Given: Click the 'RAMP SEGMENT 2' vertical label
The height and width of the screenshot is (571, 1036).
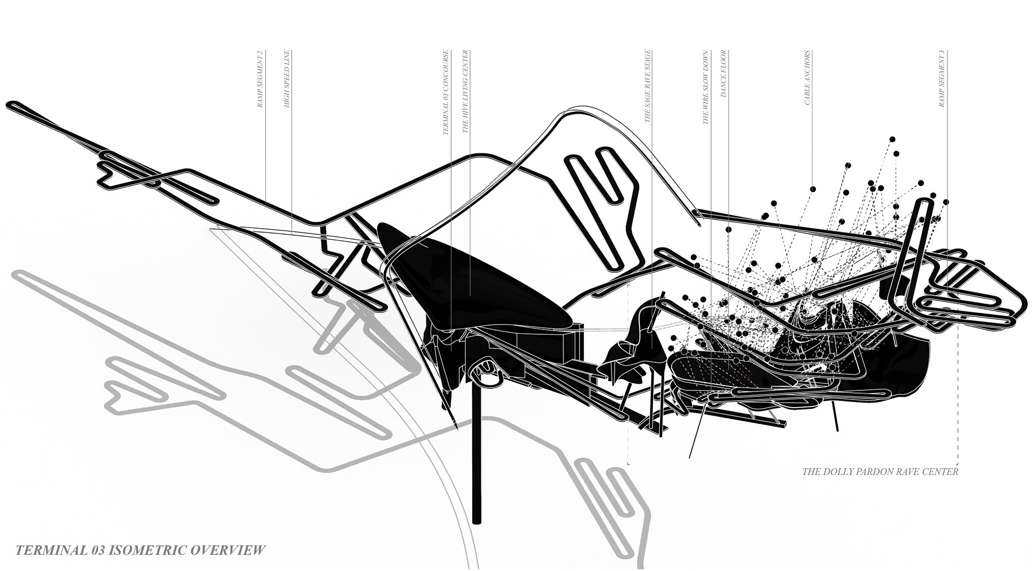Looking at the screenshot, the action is tap(260, 79).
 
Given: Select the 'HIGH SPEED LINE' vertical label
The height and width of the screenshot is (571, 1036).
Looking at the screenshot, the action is tap(287, 79).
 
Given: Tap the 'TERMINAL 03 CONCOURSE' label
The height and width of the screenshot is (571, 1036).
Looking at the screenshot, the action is tap(446, 93).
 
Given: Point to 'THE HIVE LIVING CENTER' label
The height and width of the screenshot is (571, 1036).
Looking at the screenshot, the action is tap(466, 92).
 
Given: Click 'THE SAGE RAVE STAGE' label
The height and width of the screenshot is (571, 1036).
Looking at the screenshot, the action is tap(648, 86).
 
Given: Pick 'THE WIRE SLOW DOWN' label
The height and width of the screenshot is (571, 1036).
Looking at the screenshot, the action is tap(705, 88).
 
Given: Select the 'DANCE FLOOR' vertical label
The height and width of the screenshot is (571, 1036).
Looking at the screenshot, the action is tap(724, 73).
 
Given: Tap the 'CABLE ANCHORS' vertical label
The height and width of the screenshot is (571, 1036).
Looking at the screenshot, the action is tap(808, 78).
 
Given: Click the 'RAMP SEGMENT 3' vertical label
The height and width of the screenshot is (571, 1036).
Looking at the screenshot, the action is tap(942, 79).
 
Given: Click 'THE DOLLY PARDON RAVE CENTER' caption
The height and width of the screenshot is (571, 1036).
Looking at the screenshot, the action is tap(880, 472).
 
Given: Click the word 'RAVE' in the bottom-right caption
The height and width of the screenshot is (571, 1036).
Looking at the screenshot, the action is tap(909, 472).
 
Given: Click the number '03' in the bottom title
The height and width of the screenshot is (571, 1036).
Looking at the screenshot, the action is tap(97, 551).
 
